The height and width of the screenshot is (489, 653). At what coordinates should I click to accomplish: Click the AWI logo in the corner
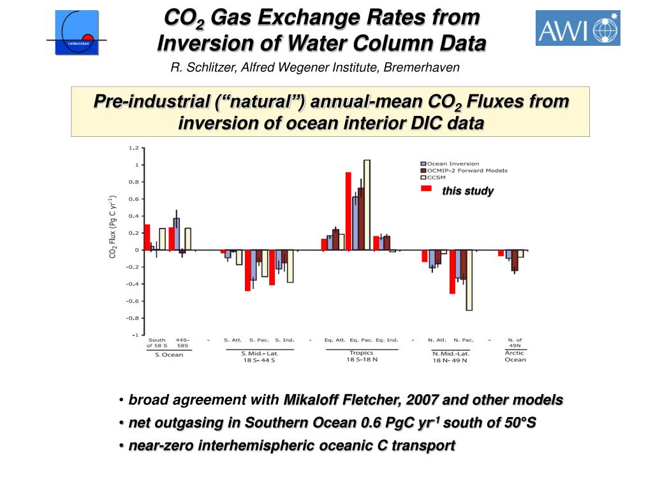pos(578,28)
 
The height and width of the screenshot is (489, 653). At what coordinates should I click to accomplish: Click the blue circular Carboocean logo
pos(77,32)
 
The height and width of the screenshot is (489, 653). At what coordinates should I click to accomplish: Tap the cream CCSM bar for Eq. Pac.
pos(367,204)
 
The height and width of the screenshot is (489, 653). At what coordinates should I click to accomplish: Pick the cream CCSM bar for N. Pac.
pos(469,280)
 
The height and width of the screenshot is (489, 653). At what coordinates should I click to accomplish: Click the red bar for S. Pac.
pos(247,270)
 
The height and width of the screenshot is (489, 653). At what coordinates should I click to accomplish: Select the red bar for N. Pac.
pos(452,271)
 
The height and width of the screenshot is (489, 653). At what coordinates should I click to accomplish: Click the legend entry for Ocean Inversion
pos(452,164)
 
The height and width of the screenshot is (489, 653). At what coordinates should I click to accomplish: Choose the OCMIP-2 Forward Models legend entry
pos(466,171)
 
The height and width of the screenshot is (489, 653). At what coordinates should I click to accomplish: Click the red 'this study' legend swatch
pos(426,188)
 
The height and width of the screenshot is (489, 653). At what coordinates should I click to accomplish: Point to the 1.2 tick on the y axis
pos(133,148)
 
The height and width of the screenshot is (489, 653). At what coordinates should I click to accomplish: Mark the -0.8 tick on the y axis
pos(133,318)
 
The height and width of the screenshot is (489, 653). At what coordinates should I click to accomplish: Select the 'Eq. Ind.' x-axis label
pos(386,340)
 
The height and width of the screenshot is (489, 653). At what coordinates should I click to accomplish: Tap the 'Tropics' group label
pos(362,353)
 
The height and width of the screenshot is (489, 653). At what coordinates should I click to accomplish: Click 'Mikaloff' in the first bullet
pos(314,400)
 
